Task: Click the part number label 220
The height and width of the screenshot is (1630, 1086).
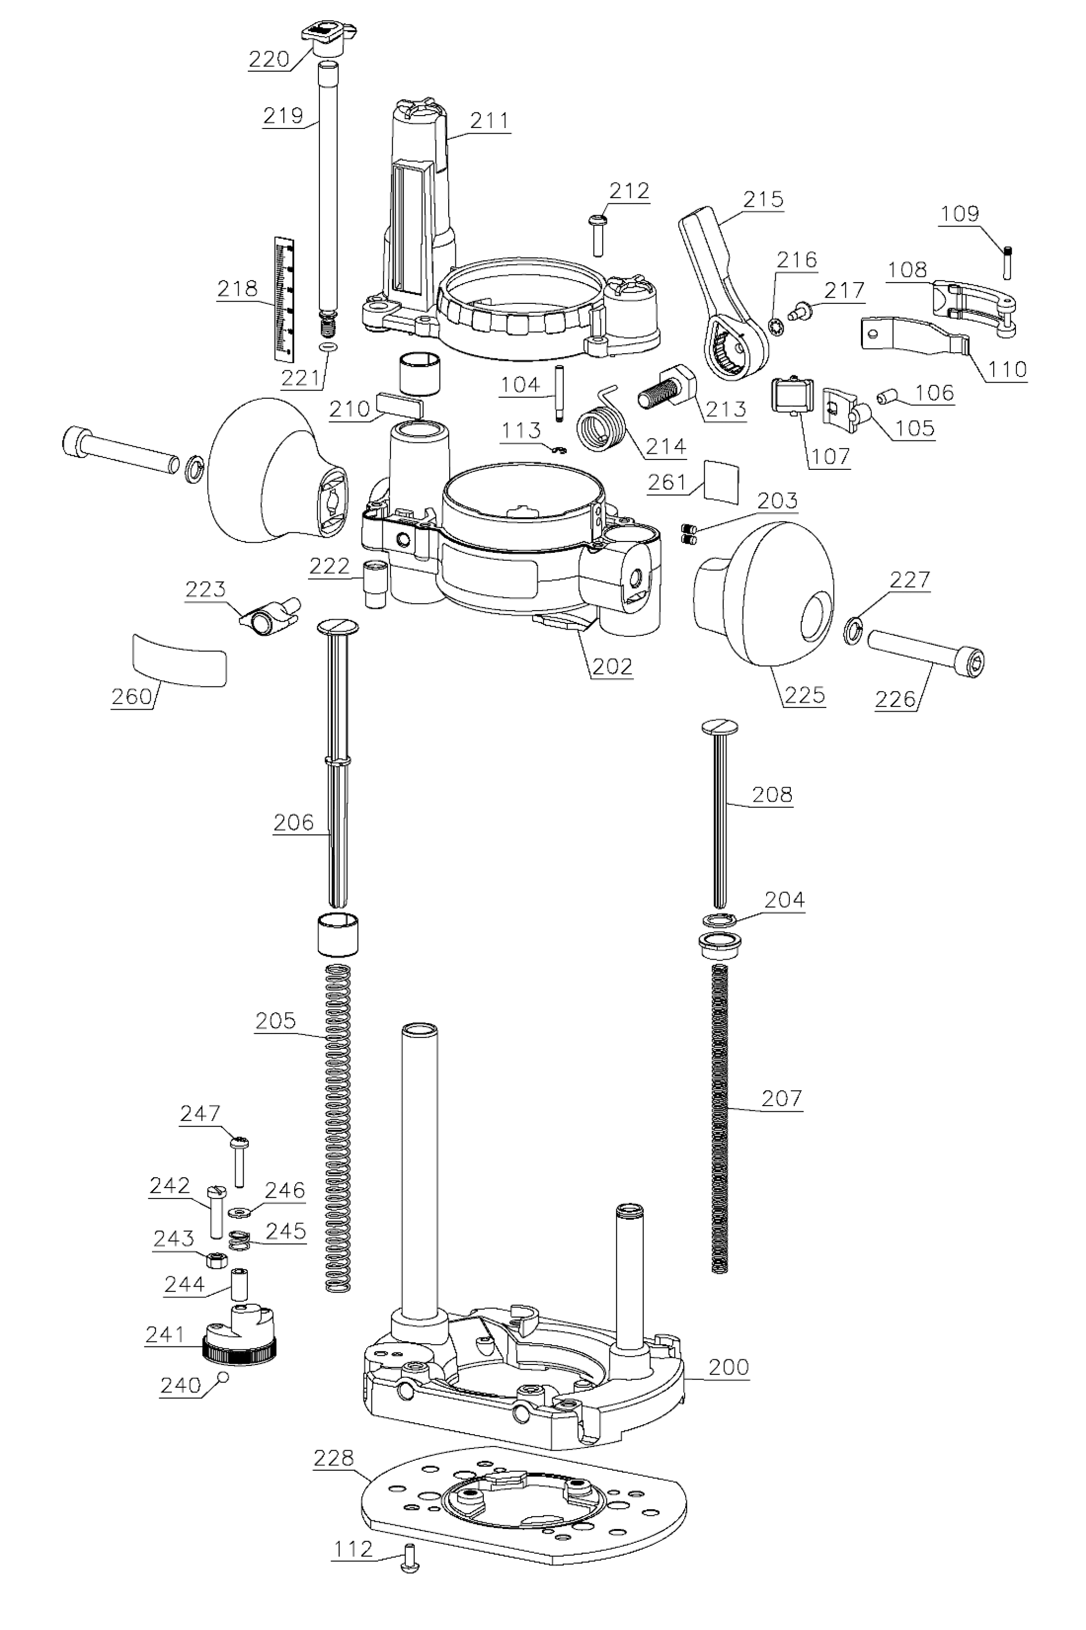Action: pyautogui.click(x=269, y=59)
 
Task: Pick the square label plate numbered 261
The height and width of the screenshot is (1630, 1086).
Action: pyautogui.click(x=722, y=480)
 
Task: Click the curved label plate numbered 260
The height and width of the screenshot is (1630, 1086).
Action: pyautogui.click(x=180, y=659)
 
